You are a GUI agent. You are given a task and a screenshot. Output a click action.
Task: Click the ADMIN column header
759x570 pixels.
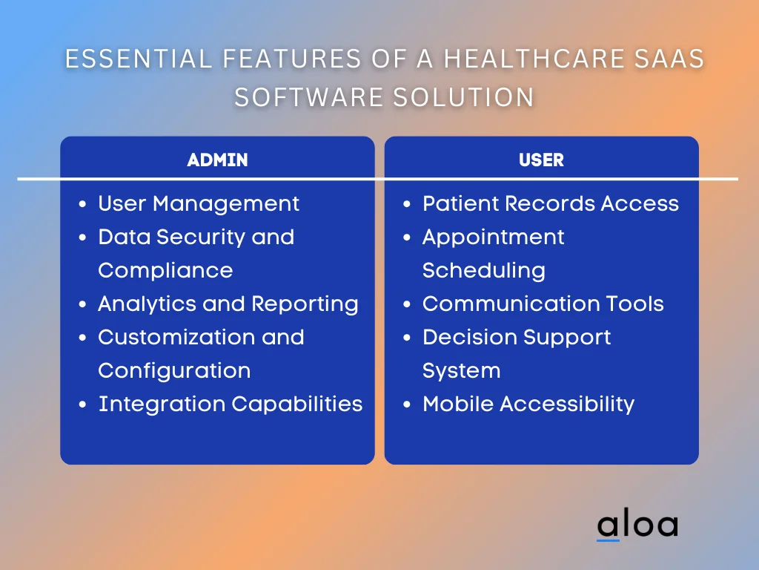tap(217, 160)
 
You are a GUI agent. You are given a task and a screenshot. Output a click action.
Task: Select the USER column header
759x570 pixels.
tap(541, 160)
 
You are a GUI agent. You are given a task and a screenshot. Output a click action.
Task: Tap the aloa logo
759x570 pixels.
tap(637, 525)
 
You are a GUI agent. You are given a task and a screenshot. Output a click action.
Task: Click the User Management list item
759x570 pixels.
tap(199, 203)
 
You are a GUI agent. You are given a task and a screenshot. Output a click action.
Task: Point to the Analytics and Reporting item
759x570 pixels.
tap(228, 304)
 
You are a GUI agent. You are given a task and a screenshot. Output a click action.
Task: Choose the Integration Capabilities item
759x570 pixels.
tap(231, 404)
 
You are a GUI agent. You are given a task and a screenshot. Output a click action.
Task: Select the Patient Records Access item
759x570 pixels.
tap(550, 203)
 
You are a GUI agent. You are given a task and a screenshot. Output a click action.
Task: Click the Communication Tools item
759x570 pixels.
tap(543, 304)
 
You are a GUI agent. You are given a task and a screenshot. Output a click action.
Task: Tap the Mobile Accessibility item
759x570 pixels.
tap(528, 404)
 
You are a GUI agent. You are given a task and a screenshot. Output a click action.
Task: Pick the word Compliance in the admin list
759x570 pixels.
tap(165, 270)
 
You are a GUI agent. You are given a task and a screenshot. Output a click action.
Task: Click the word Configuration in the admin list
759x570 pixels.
tap(174, 370)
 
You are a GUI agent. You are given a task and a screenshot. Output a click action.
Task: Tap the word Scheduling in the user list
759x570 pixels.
tap(483, 270)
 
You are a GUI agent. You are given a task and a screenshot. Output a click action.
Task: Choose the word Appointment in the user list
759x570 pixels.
tap(493, 237)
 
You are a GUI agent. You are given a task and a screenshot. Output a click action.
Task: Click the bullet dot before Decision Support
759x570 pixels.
tap(407, 338)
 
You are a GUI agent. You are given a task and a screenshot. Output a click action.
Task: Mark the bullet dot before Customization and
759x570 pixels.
tap(82, 338)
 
